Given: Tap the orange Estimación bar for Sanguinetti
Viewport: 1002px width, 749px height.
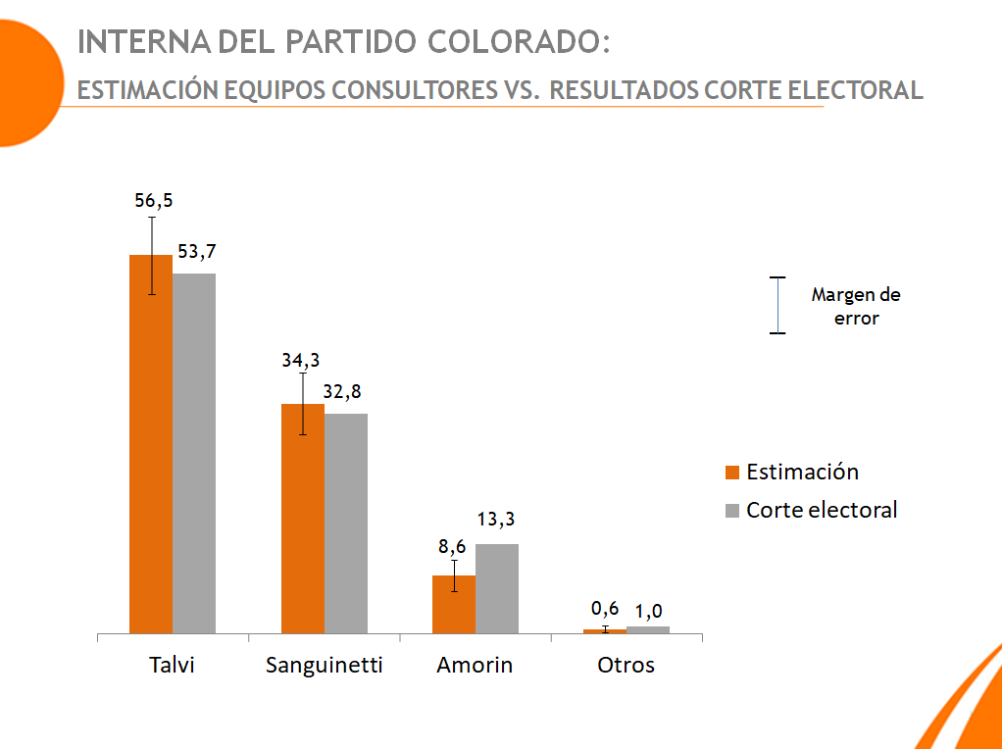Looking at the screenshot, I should pos(303,519).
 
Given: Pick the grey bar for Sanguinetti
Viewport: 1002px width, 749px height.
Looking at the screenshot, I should pos(346,524).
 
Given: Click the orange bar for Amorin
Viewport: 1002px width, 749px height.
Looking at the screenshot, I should pos(454,604).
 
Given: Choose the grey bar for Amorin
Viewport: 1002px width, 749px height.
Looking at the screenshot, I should pos(497,588).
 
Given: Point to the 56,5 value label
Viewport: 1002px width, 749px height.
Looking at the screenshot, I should pos(153,200).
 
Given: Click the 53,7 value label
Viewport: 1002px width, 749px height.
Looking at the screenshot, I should pos(197,252).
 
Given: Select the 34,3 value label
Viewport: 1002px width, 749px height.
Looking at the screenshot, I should pos(301,360).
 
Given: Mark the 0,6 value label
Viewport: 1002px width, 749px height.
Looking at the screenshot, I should pos(605,608).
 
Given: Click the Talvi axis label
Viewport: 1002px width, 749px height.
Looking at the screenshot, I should pos(172,665).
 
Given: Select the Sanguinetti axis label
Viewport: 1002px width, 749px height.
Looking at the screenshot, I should pos(324,665).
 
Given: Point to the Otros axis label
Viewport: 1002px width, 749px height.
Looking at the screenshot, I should pos(626,665).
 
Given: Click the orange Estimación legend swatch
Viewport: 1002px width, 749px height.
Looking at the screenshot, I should pos(731,473).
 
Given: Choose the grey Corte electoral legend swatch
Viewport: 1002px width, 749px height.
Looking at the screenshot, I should pos(731,511).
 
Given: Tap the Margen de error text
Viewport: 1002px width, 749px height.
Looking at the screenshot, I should pos(856,306).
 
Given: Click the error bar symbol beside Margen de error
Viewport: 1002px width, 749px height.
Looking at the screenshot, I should pos(777,306).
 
